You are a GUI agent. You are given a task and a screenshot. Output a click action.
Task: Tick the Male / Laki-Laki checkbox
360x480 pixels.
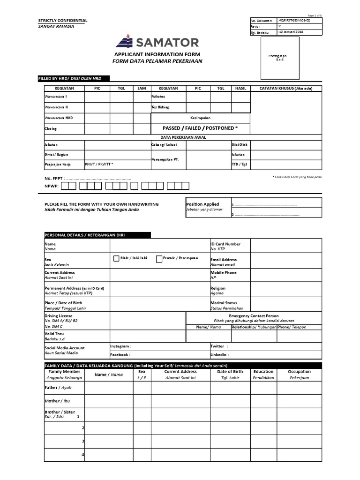click(x=116, y=258)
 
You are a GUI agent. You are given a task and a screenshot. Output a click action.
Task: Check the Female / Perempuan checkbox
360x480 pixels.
click(x=159, y=258)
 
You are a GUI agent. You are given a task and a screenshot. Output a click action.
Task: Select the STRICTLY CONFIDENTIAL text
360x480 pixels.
click(x=62, y=21)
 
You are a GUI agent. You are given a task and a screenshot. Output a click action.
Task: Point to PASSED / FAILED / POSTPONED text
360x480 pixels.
click(x=200, y=128)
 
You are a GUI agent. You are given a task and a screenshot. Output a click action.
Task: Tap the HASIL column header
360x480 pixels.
click(x=240, y=88)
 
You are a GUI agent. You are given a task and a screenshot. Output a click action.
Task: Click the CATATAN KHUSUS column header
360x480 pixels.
click(x=286, y=88)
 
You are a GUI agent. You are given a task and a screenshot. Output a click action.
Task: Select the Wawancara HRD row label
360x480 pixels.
click(x=59, y=118)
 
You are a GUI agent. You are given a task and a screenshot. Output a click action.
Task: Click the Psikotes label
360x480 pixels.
click(x=158, y=96)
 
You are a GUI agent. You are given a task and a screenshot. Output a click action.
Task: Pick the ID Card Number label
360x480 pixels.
click(x=225, y=244)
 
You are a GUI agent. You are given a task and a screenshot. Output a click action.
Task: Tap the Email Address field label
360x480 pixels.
click(x=224, y=259)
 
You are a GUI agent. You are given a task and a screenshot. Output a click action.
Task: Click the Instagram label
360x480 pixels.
click(x=120, y=346)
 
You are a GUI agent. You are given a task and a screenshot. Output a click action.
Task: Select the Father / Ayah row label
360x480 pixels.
click(x=58, y=388)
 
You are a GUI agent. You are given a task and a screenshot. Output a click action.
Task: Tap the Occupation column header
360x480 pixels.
click(x=299, y=372)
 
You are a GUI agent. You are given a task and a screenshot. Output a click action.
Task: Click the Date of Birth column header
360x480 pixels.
click(x=230, y=372)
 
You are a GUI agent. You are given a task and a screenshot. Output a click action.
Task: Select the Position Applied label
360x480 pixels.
click(x=202, y=204)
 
